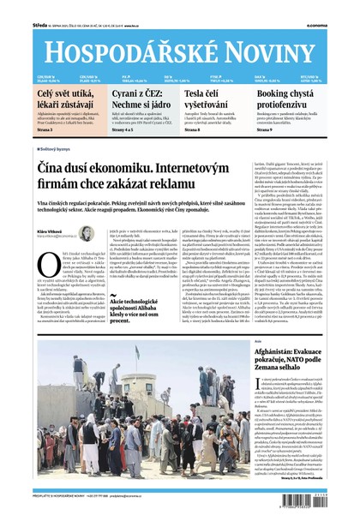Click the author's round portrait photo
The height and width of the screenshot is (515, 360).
[87, 234]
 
